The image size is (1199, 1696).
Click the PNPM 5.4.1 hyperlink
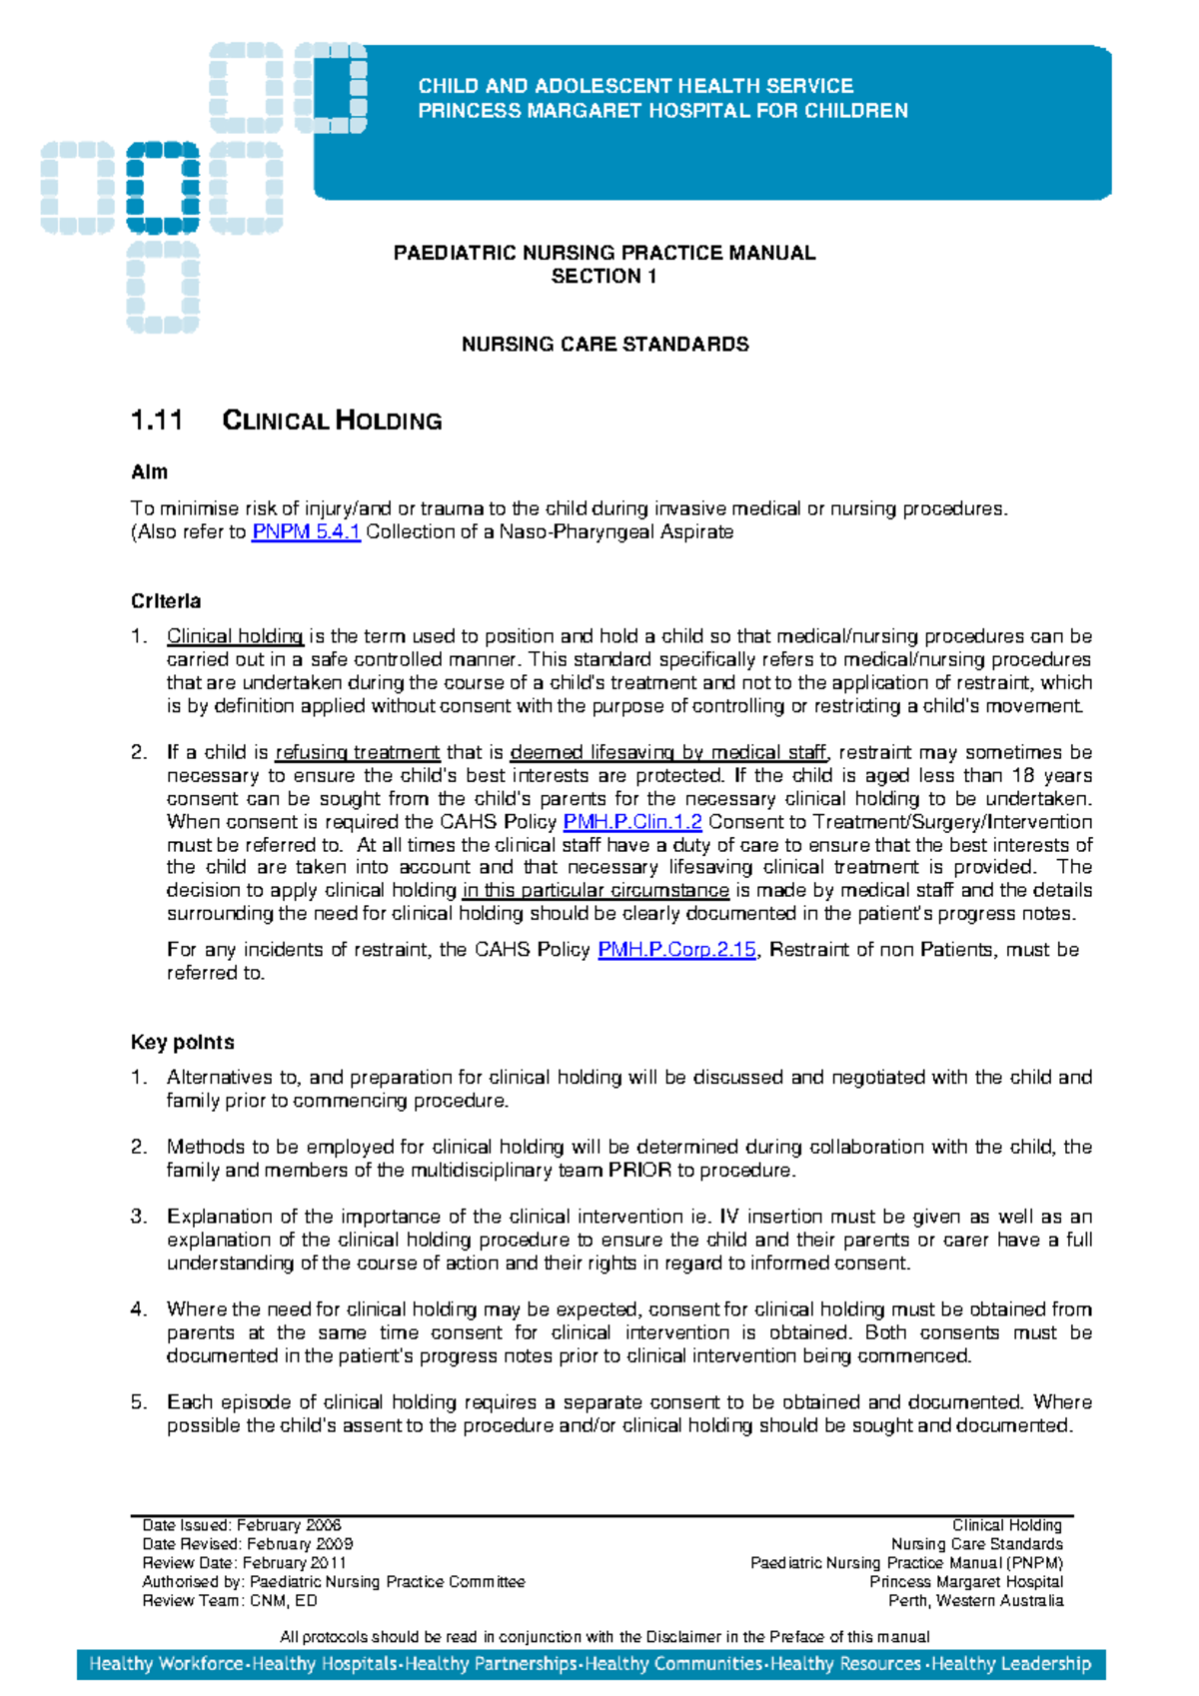(x=305, y=532)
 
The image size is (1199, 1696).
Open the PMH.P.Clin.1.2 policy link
(x=632, y=822)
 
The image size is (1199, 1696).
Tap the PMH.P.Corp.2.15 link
(x=676, y=950)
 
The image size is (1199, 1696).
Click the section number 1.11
(x=157, y=421)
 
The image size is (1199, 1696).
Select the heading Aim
(x=150, y=472)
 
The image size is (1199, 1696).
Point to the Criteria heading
(x=166, y=601)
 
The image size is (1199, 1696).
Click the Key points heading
(x=182, y=1043)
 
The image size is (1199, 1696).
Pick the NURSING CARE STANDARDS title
(x=604, y=345)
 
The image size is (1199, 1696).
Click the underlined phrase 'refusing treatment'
(x=357, y=753)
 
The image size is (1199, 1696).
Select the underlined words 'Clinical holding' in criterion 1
(x=235, y=637)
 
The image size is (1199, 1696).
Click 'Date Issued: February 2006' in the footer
(x=242, y=1525)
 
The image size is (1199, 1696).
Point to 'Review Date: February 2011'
(x=244, y=1563)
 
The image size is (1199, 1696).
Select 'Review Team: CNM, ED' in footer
(x=230, y=1601)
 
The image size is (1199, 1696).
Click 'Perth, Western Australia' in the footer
(x=975, y=1601)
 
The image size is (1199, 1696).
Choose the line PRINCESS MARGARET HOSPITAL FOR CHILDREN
(x=662, y=111)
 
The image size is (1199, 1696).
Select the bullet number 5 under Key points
(x=139, y=1402)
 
